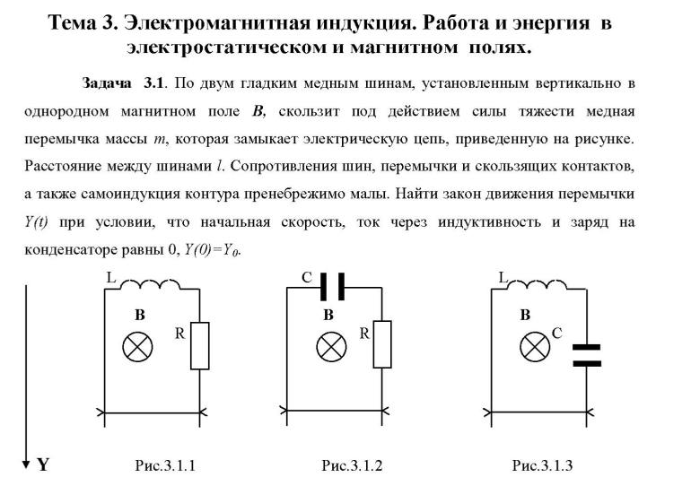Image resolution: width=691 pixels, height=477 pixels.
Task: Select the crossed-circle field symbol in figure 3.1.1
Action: (x=138, y=347)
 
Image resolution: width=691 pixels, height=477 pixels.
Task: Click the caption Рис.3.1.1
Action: (x=164, y=465)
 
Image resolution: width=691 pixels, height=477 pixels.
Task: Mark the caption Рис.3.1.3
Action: (x=542, y=465)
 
